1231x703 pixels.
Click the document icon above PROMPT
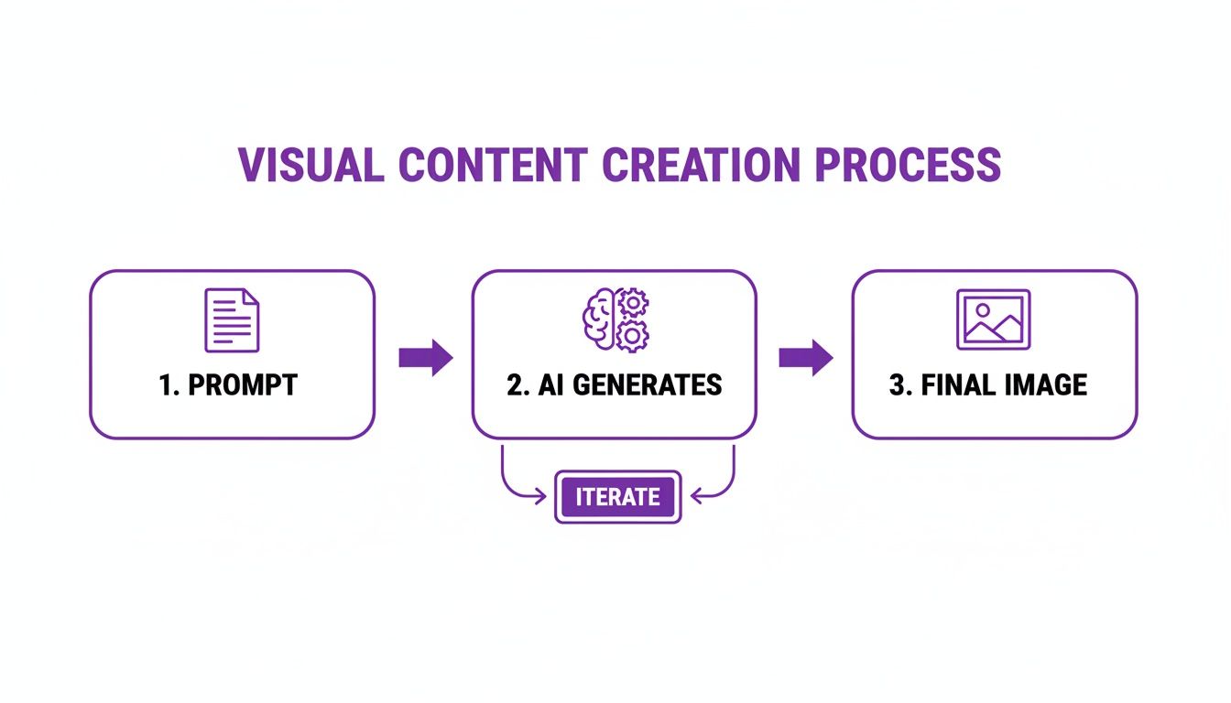[x=232, y=319]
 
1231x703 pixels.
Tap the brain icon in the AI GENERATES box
[x=600, y=320]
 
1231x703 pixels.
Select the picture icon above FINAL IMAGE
[x=994, y=319]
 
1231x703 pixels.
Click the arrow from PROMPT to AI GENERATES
[x=426, y=358]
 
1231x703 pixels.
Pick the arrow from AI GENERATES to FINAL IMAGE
[x=806, y=358]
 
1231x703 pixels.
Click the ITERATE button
[x=618, y=497]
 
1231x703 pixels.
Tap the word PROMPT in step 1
[x=243, y=385]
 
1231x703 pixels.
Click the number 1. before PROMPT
[x=169, y=385]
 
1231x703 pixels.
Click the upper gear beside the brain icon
[x=633, y=303]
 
